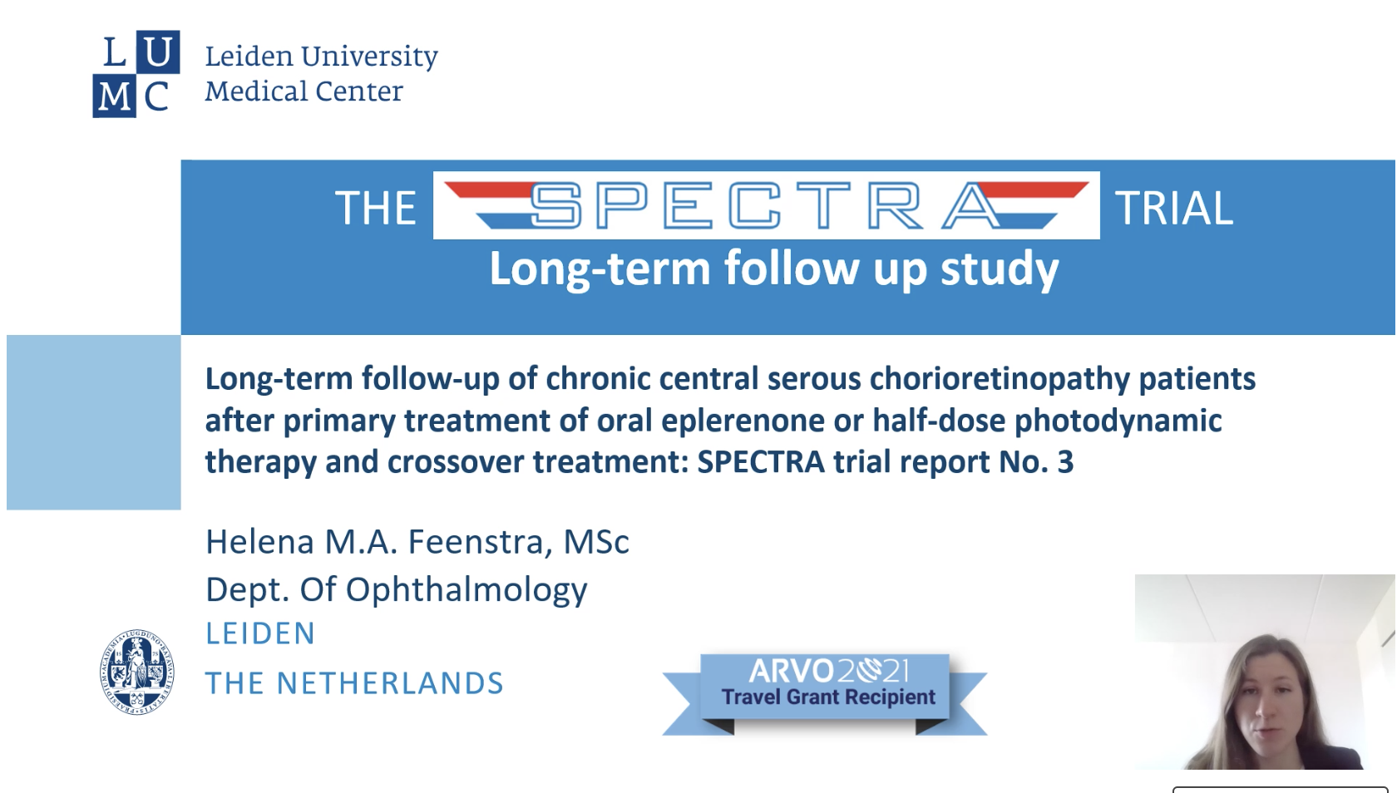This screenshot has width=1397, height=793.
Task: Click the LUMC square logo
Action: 136,73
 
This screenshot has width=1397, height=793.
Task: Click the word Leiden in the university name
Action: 249,57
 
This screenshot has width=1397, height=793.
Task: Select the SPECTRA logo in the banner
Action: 767,205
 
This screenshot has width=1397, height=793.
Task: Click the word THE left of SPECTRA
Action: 376,208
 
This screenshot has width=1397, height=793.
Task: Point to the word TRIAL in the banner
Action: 1174,208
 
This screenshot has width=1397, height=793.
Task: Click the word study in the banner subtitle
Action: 1000,268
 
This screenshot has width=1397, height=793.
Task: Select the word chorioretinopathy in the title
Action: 1000,379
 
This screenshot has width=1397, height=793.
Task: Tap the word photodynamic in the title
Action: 1118,421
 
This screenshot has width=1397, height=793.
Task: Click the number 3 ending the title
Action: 1065,462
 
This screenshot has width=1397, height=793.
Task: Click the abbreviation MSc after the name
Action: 596,542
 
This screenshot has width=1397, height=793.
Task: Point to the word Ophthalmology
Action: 466,590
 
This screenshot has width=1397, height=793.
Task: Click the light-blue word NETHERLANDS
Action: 390,683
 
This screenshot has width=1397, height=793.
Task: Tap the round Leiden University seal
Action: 136,672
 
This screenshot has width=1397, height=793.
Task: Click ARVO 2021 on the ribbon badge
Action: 828,672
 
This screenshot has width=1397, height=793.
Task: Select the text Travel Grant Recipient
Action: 828,697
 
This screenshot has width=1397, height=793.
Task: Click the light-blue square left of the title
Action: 93,422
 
